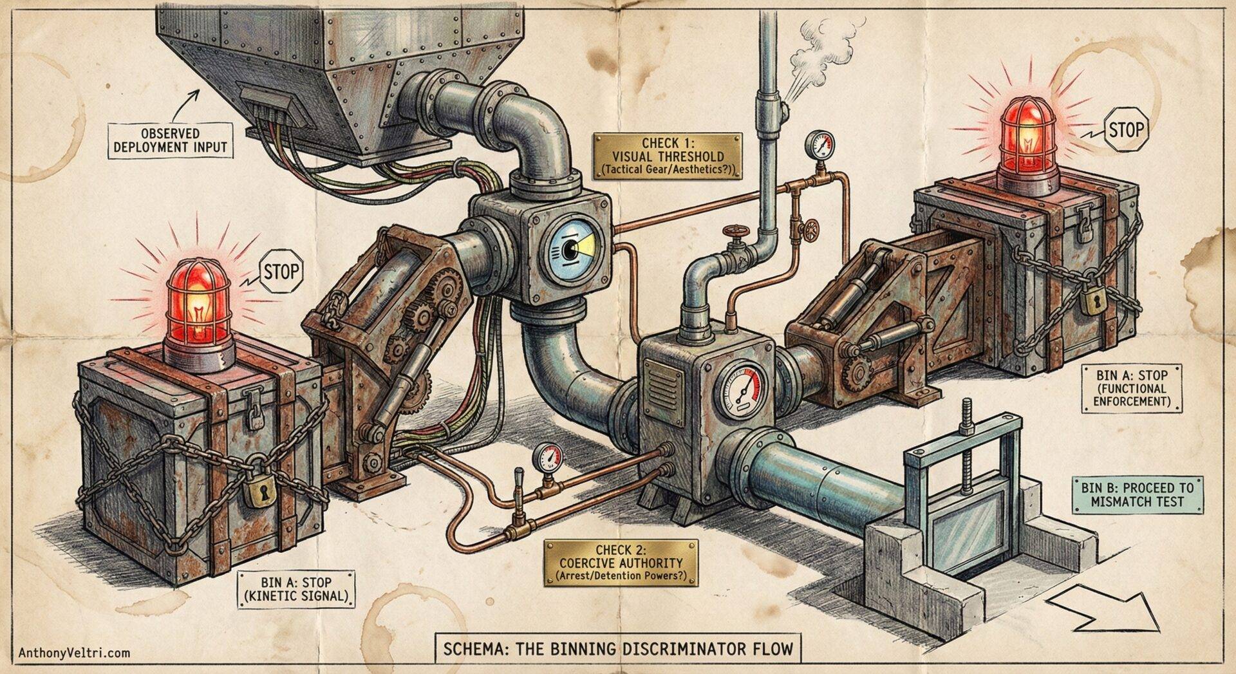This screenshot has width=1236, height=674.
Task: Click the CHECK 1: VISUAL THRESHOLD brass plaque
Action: click(667, 156)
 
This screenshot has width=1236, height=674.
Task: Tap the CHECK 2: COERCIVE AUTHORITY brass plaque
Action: click(621, 563)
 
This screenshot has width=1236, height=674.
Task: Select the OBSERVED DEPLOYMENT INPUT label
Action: click(170, 140)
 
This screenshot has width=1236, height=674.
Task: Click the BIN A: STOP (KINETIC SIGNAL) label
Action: click(296, 589)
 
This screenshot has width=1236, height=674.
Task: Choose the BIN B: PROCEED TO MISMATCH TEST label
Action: click(1137, 495)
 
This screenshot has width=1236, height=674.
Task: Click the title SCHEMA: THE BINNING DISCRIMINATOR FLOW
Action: click(618, 648)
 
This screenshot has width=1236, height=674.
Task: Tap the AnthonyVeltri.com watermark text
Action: click(74, 653)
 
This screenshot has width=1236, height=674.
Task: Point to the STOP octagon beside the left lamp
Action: click(281, 272)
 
